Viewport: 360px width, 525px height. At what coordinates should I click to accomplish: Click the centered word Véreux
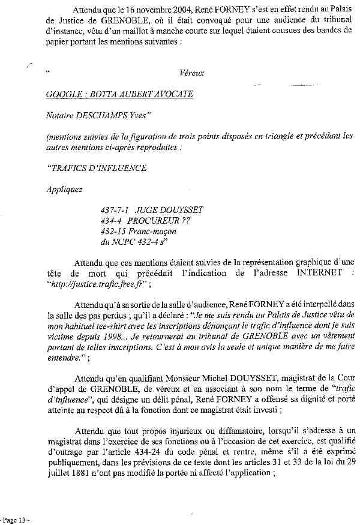pos(191,73)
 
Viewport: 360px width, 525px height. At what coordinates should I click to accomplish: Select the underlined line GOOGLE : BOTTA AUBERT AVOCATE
pos(119,94)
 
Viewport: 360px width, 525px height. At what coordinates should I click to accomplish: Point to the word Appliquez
pos(65,189)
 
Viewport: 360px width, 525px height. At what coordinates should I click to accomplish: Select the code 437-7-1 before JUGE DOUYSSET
pos(115,210)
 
